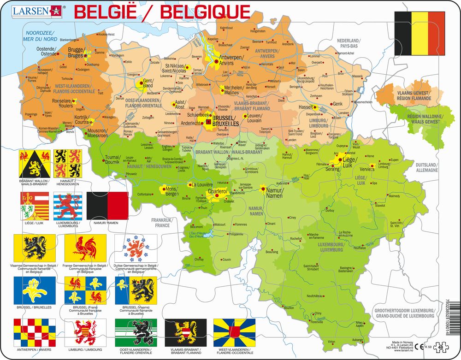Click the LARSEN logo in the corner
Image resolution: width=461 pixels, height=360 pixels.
click(35, 10)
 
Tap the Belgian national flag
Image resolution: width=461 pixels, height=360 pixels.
click(420, 32)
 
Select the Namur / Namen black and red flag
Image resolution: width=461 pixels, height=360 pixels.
click(107, 206)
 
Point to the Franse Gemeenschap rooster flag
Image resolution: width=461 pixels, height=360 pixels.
click(86, 248)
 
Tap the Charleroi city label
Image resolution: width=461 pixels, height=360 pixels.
click(217, 191)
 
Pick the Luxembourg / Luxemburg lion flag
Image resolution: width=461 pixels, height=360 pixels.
click(67, 206)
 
